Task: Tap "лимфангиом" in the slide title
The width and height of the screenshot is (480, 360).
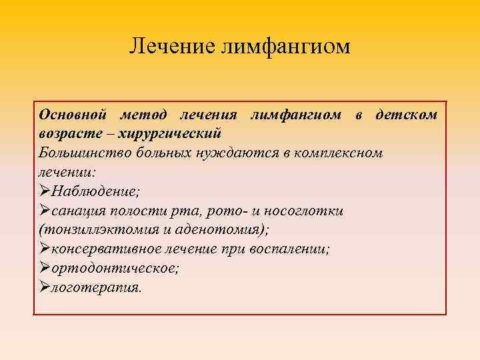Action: click(x=282, y=46)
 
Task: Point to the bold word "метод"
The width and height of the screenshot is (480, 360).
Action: click(x=147, y=115)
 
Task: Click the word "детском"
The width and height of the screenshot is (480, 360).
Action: click(x=407, y=115)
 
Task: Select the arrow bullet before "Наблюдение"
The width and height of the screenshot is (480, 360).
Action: click(x=45, y=191)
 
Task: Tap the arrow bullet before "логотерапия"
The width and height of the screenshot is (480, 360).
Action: click(x=45, y=287)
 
